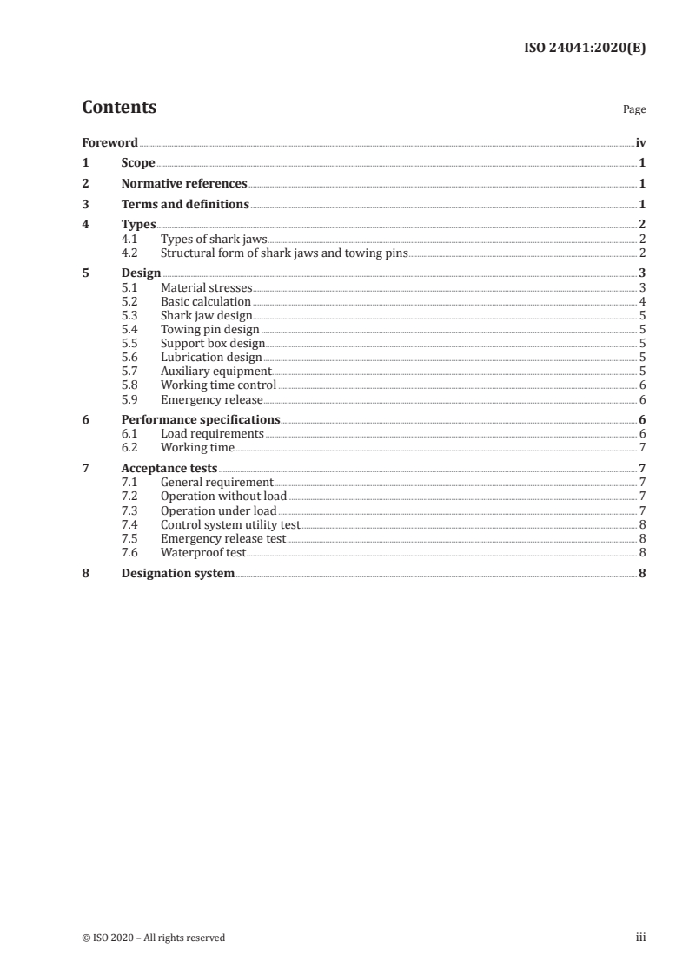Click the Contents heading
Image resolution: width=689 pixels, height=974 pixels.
tap(119, 108)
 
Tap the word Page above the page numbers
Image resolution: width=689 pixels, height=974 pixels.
tap(633, 110)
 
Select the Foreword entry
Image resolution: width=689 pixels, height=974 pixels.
tap(109, 142)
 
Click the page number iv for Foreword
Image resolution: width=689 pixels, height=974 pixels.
tap(640, 142)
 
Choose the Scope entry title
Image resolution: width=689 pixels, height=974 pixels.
tap(138, 163)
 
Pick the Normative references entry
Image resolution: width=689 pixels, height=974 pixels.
tap(184, 184)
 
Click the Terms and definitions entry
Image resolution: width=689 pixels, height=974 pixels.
tap(185, 205)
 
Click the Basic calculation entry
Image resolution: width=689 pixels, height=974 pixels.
tap(206, 301)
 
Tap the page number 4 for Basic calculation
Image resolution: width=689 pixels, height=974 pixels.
tap(641, 301)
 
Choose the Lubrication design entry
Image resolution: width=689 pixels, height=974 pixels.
tap(211, 357)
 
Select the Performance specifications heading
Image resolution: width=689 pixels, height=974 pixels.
tap(201, 419)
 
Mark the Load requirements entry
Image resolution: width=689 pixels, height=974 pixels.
tap(212, 433)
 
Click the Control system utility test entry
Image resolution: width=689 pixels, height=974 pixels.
tap(230, 524)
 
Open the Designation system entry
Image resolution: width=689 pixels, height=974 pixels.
tap(178, 573)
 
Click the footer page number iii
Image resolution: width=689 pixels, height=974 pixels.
tap(640, 937)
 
